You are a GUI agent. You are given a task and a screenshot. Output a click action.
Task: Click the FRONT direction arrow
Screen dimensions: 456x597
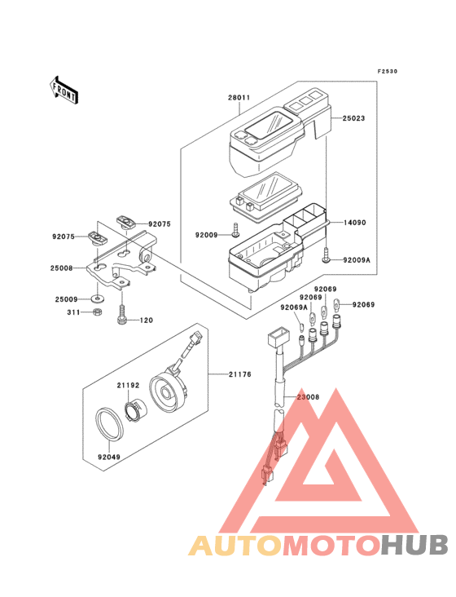click(64, 91)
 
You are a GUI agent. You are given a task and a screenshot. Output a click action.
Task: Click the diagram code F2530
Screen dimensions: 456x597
click(388, 71)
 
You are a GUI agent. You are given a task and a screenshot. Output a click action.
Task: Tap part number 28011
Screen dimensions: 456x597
click(239, 98)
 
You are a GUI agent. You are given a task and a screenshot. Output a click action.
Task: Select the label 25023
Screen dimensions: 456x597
click(353, 118)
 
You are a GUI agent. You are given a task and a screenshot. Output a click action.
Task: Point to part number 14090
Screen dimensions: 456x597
click(355, 223)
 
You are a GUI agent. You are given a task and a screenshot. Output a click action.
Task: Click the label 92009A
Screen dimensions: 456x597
click(357, 260)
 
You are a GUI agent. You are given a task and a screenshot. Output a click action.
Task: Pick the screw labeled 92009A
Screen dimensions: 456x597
click(326, 254)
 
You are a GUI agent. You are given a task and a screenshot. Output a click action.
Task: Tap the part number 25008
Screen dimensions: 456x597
click(62, 268)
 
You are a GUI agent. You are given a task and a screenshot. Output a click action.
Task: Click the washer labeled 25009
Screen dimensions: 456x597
click(97, 298)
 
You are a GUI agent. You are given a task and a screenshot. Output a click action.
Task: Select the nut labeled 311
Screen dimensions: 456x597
click(97, 312)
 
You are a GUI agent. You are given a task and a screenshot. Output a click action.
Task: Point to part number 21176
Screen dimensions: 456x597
click(240, 374)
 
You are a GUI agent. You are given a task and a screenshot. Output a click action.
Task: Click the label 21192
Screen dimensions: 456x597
click(128, 385)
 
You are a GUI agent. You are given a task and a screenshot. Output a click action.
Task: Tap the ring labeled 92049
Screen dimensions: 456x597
click(109, 424)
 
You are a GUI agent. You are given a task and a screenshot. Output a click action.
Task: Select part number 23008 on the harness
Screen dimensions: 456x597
click(308, 397)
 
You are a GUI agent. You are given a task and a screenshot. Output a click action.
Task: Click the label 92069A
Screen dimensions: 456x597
click(294, 307)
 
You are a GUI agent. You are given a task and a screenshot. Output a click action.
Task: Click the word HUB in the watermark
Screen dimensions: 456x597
click(415, 545)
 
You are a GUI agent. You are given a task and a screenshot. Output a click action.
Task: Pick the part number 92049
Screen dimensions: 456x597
click(109, 457)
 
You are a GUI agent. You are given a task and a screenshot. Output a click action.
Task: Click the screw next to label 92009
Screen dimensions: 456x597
click(235, 230)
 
